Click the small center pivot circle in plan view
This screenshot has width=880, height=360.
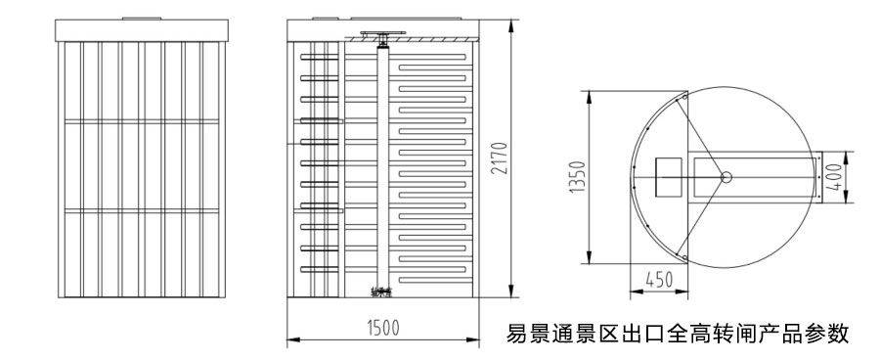pos(726,176)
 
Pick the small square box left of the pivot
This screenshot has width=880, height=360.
pos(669,175)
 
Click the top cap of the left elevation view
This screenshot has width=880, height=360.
pos(145,30)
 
